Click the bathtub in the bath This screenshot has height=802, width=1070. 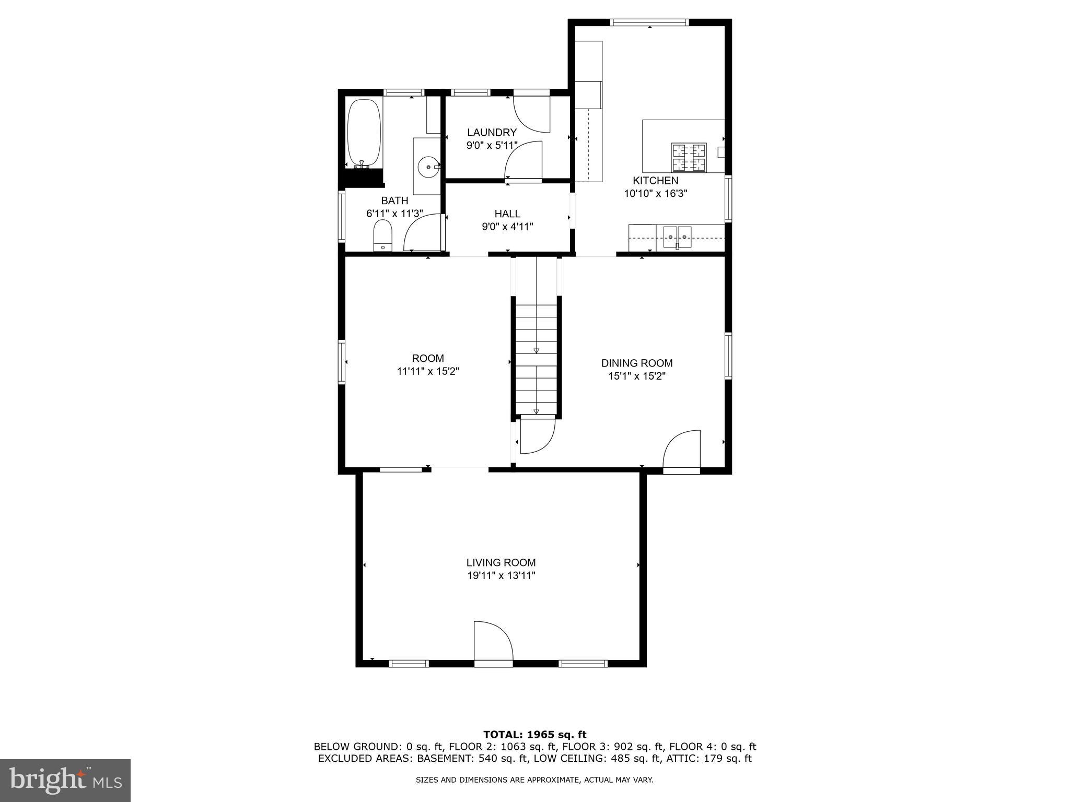pos(365,133)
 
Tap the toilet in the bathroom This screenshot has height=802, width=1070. pos(383,235)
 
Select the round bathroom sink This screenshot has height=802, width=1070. pos(429,167)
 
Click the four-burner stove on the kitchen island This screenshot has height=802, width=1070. pos(689,157)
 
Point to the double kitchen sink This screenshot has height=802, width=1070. pos(677,237)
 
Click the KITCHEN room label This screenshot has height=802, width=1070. pos(655,181)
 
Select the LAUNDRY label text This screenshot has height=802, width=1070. pos(492,133)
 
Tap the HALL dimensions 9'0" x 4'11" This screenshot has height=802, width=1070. pos(507,227)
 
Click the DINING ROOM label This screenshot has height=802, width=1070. pos(636,363)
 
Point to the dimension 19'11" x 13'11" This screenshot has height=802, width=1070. pos(501,575)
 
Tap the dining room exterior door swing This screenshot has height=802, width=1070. pos(682,449)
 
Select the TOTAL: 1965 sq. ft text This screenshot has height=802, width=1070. pos(534,735)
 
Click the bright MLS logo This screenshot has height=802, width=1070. pos(65,780)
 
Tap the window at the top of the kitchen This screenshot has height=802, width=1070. pos(649,22)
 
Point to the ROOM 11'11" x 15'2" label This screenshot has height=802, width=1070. pos(428,364)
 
